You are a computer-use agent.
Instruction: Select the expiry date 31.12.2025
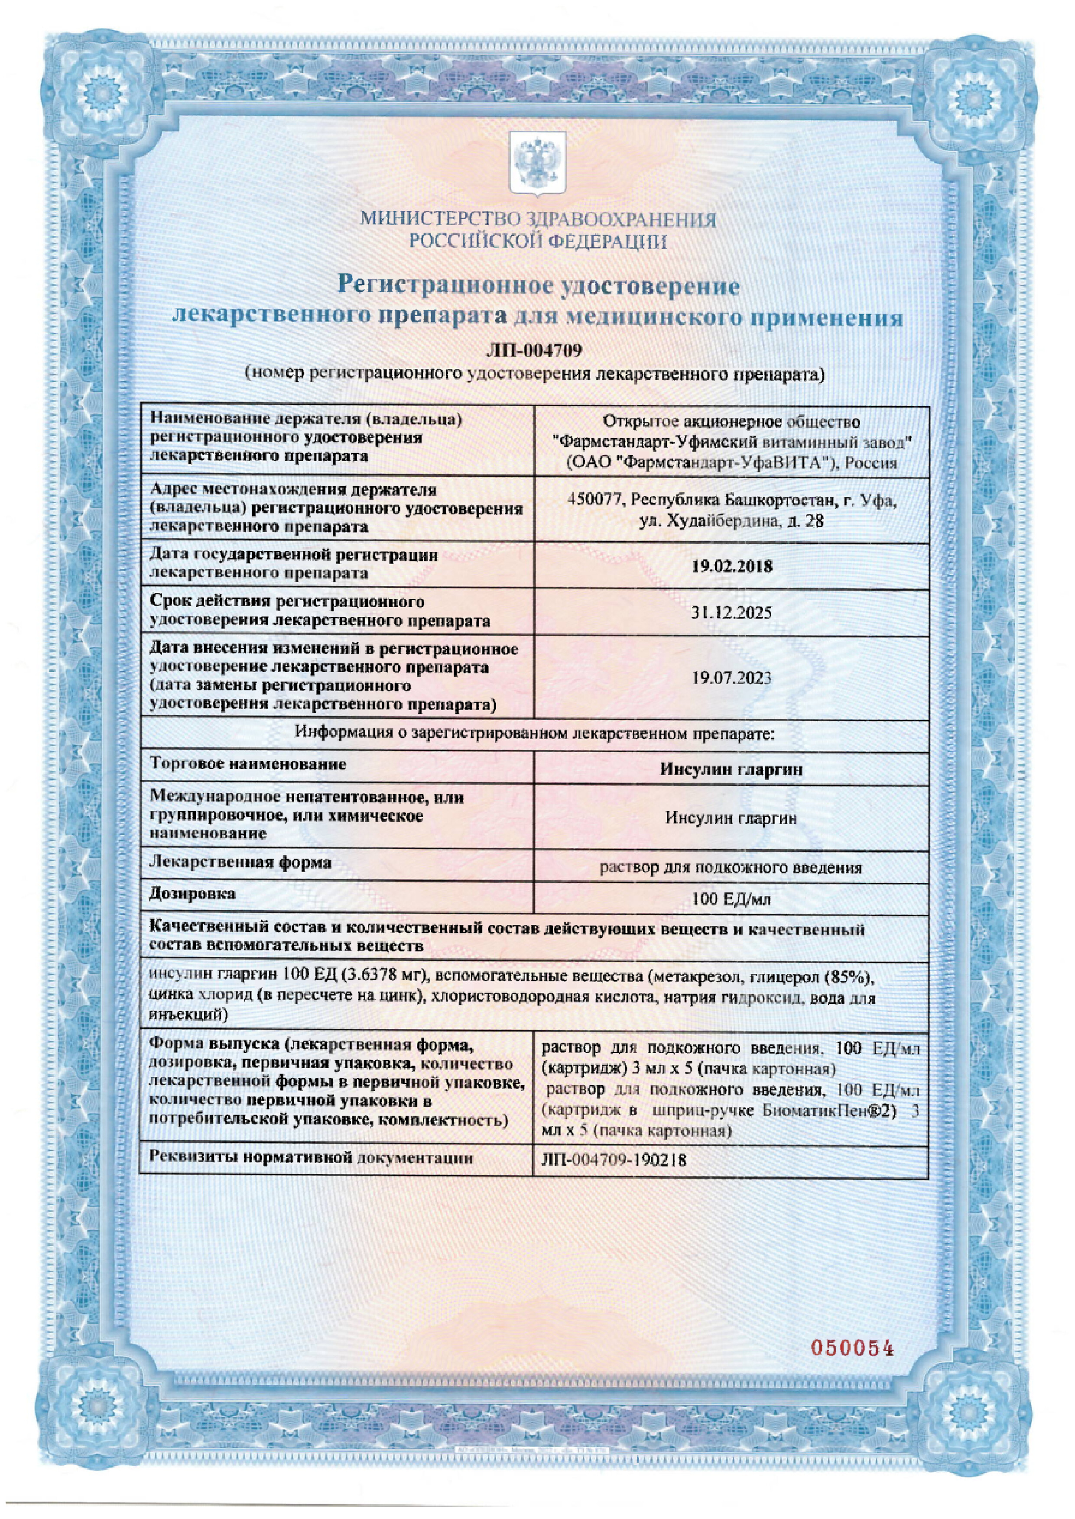731,613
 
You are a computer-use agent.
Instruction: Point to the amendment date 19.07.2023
731,678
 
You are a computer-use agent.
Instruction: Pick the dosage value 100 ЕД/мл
731,900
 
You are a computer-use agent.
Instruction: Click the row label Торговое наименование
249,765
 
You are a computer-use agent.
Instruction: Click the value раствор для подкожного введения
731,868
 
